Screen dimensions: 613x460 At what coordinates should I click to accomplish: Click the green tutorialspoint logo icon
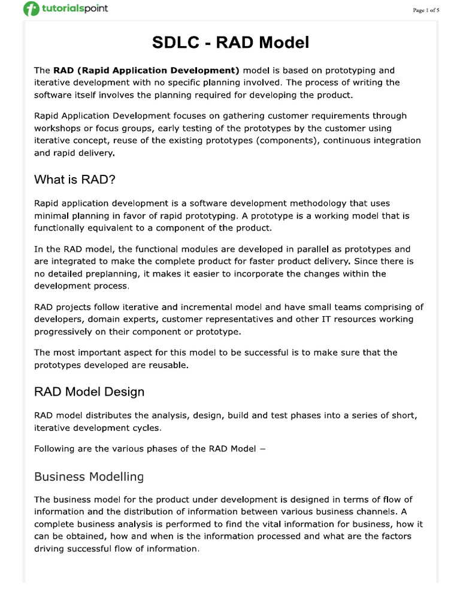[31, 10]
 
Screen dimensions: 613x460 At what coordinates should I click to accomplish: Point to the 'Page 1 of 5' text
[426, 10]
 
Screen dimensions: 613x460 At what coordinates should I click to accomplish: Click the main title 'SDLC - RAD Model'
[230, 43]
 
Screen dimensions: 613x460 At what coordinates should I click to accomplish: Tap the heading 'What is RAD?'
[74, 179]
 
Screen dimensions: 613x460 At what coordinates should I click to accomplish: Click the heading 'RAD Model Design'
[89, 392]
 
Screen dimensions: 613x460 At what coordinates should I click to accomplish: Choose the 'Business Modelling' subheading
[89, 477]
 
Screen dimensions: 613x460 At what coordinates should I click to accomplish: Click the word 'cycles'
[147, 428]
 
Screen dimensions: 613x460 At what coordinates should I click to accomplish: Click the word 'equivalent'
[116, 227]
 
